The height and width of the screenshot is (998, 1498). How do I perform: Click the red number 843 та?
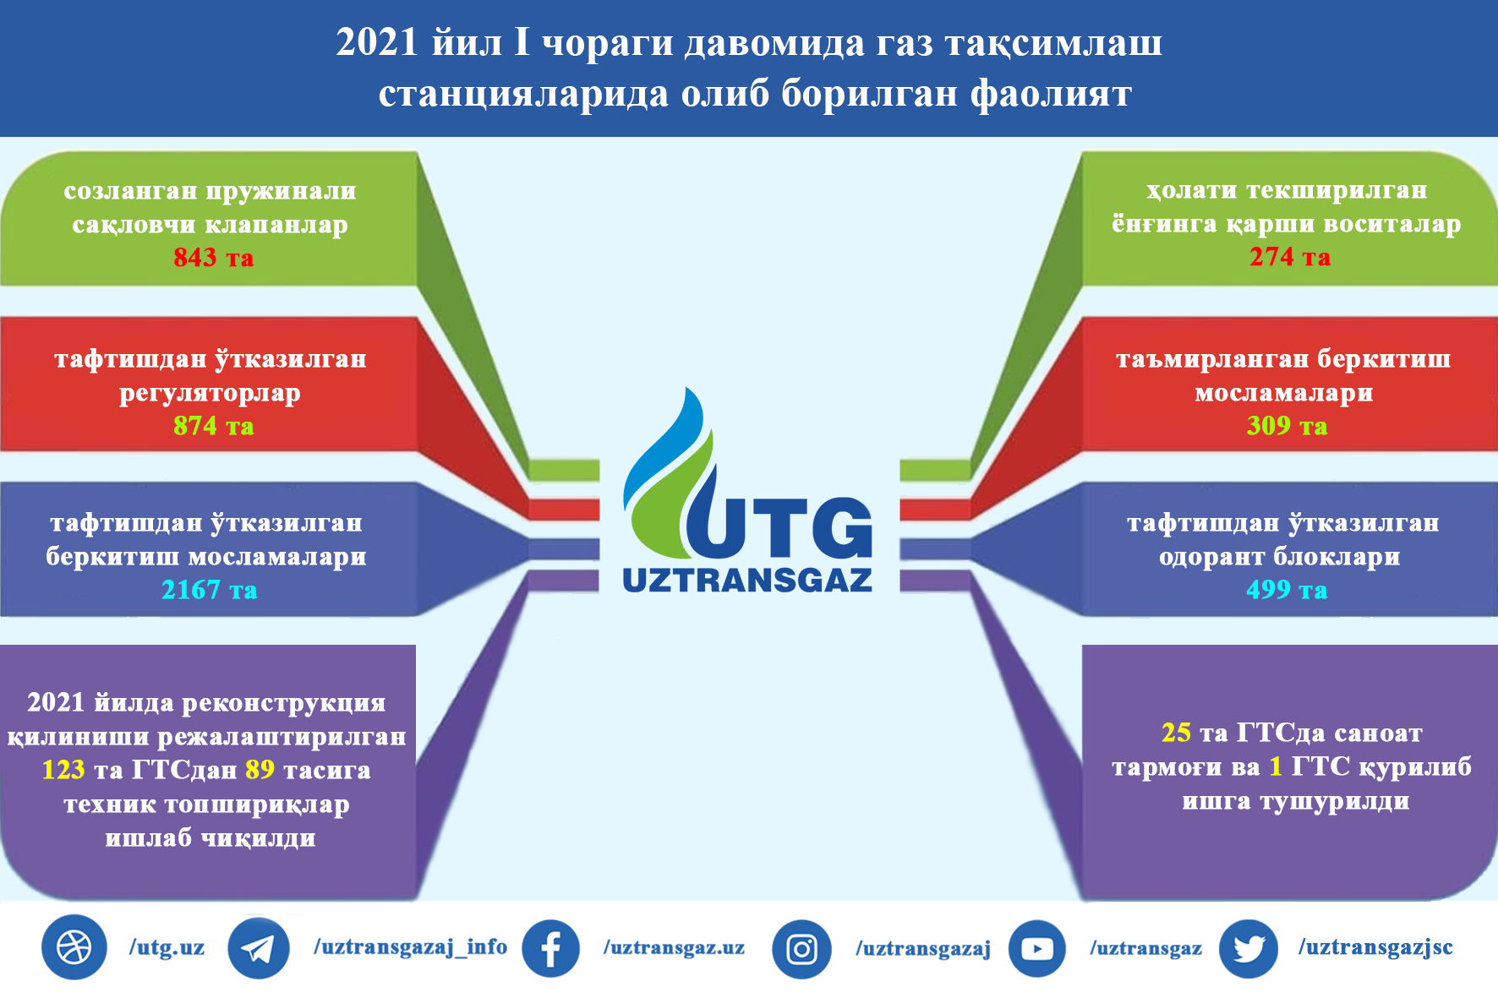point(213,257)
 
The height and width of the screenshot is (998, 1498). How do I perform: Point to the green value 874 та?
point(213,425)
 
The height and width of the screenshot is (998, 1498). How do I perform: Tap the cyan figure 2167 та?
point(210,589)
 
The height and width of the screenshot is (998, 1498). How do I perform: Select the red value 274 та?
point(1290,256)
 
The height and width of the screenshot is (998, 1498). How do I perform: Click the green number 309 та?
point(1287,425)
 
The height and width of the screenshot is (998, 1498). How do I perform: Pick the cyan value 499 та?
point(1287,589)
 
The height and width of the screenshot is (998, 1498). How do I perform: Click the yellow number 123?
point(63,769)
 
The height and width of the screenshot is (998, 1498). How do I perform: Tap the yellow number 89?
point(260,769)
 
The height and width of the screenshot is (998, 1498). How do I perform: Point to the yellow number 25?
point(1176,732)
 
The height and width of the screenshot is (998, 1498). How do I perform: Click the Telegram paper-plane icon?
point(259,948)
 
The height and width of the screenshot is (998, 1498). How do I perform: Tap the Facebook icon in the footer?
point(550,948)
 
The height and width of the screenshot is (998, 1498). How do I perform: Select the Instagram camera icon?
point(801,949)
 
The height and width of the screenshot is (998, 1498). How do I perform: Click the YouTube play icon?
point(1037,948)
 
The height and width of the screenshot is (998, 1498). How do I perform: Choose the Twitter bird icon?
point(1249,949)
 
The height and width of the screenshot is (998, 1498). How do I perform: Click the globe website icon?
point(74,947)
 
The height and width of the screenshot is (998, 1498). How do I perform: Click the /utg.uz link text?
point(167,947)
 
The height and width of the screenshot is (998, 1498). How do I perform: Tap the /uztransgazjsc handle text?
point(1375,947)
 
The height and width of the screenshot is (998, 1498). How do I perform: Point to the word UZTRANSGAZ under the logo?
point(747,580)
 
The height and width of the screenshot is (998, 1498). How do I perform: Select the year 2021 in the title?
point(377,42)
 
